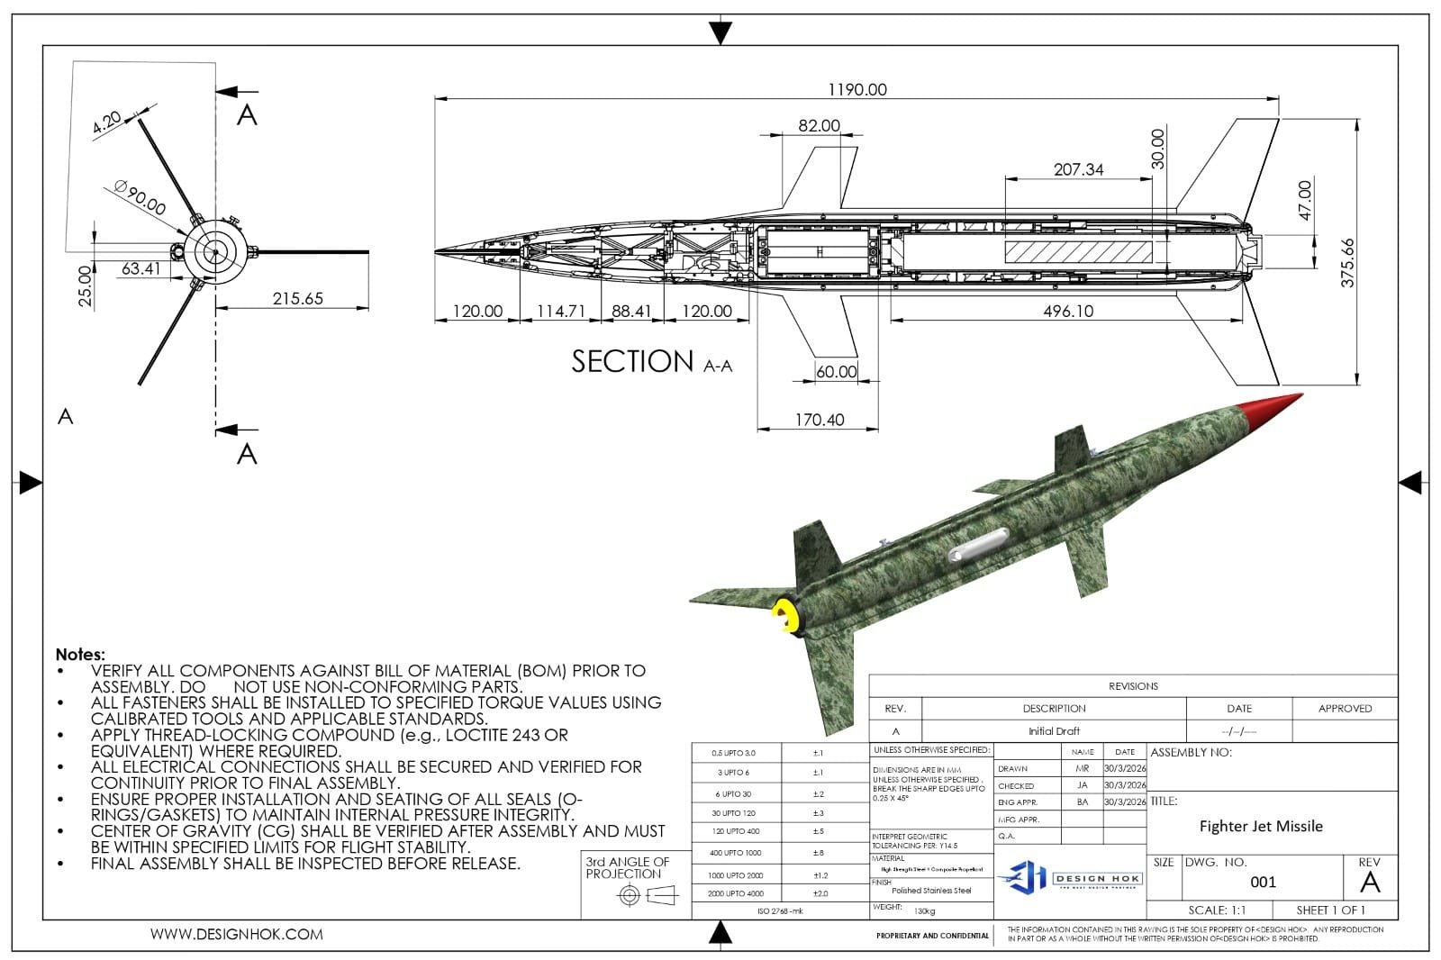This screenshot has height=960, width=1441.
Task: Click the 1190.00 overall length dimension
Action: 856,89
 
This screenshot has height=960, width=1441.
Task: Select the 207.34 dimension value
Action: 1078,169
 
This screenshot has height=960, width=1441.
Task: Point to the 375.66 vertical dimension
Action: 1347,262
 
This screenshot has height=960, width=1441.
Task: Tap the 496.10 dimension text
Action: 1068,311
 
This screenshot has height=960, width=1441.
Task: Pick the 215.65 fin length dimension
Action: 297,298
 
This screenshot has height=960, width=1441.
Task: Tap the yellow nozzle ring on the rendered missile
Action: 784,616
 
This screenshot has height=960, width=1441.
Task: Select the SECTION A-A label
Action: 651,362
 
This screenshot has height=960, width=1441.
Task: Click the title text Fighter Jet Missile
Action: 1260,826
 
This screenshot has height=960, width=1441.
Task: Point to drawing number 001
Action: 1263,882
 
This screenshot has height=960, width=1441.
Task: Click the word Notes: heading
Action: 80,655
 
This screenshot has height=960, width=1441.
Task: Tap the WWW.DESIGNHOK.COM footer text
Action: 236,934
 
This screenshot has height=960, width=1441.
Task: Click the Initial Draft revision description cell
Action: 1054,731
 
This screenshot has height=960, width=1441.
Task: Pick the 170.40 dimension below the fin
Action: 819,420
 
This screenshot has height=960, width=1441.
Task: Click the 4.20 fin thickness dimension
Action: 106,122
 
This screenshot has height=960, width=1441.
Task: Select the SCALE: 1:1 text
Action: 1217,910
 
